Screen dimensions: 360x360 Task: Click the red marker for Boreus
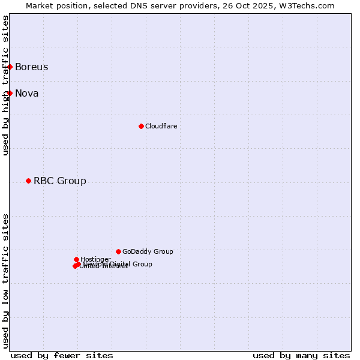click(10, 67)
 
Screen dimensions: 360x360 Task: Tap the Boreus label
click(32, 67)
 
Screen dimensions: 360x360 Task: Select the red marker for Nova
click(10, 93)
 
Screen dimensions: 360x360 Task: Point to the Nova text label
click(27, 93)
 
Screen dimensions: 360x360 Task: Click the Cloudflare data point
click(141, 126)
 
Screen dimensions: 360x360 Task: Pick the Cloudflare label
click(161, 126)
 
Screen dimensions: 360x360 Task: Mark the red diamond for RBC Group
click(28, 181)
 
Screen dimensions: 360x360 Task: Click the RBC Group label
click(60, 181)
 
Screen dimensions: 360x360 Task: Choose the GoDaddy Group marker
click(118, 251)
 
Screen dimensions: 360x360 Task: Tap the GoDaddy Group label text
click(148, 251)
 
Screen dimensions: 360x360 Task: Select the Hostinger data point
click(76, 259)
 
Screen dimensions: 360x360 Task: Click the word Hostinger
click(95, 259)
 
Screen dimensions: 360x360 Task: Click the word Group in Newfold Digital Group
click(142, 264)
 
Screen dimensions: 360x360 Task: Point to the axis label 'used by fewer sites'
click(62, 355)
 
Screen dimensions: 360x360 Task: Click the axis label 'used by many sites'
click(301, 355)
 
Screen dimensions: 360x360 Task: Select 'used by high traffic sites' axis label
click(5, 85)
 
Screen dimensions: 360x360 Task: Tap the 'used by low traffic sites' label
click(5, 280)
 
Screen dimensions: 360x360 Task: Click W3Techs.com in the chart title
click(309, 5)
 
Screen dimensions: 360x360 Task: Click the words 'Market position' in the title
click(53, 5)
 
